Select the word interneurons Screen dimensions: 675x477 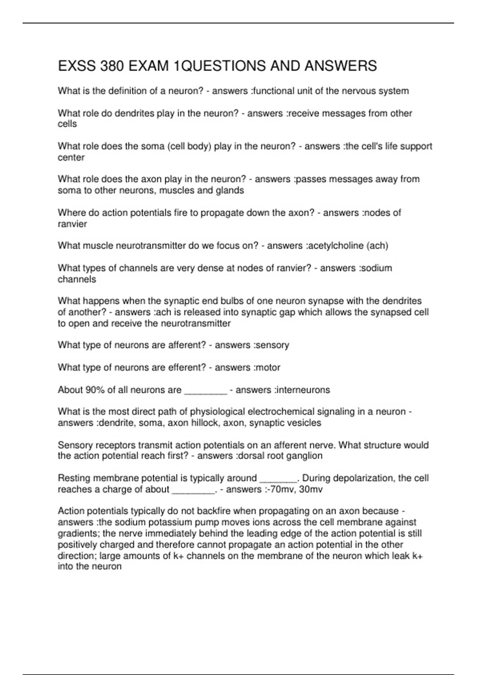[x=304, y=390]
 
